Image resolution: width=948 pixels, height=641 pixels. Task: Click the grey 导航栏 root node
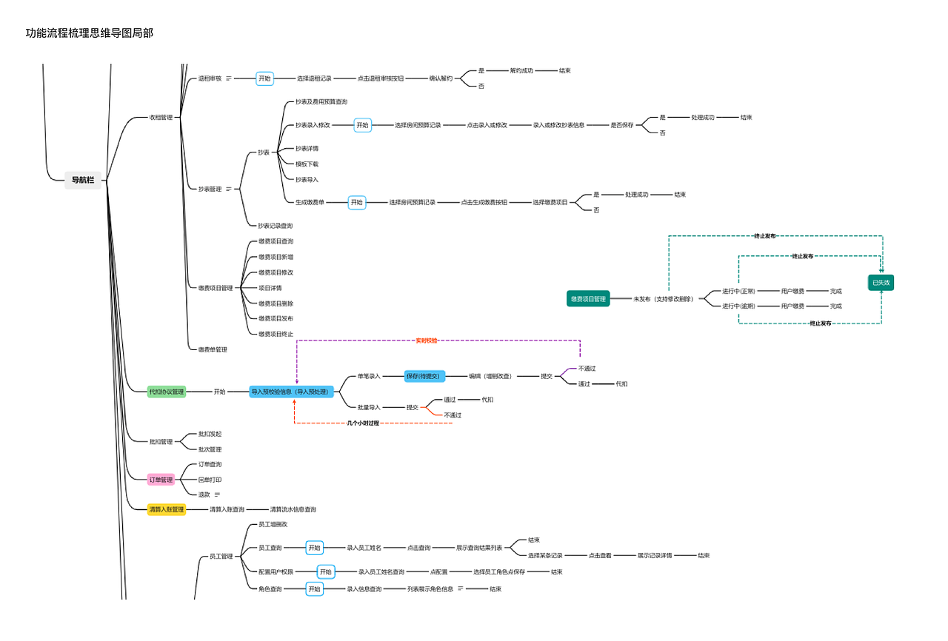coord(83,180)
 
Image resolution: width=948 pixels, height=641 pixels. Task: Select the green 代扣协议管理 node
coord(167,392)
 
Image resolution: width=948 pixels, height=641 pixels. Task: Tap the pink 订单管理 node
coord(161,480)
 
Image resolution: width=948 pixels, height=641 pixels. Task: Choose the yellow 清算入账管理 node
coord(167,509)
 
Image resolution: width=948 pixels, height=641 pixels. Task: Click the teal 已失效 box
coord(881,283)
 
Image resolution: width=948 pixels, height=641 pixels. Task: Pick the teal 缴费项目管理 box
coord(588,299)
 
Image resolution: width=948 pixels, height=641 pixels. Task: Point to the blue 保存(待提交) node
coord(424,376)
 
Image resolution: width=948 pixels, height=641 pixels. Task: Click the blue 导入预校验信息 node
coord(292,392)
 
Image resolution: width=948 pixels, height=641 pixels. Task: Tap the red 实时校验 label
coord(426,340)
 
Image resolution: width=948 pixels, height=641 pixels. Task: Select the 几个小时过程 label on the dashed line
coord(363,423)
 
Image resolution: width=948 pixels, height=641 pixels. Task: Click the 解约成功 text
coord(521,71)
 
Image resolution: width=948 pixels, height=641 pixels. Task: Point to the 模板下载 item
coord(307,164)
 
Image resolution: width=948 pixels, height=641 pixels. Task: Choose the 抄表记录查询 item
coord(275,226)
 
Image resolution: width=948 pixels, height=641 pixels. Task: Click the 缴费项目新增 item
coord(276,257)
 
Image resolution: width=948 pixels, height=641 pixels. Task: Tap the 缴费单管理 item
coord(213,349)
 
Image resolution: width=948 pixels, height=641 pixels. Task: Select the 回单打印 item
coord(210,480)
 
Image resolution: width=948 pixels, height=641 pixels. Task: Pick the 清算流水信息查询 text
coord(293,509)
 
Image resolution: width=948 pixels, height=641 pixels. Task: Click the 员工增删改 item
coord(273,525)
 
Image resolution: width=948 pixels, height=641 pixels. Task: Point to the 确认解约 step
coord(441,78)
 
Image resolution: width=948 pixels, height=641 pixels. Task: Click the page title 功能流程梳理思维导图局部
coord(90,33)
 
